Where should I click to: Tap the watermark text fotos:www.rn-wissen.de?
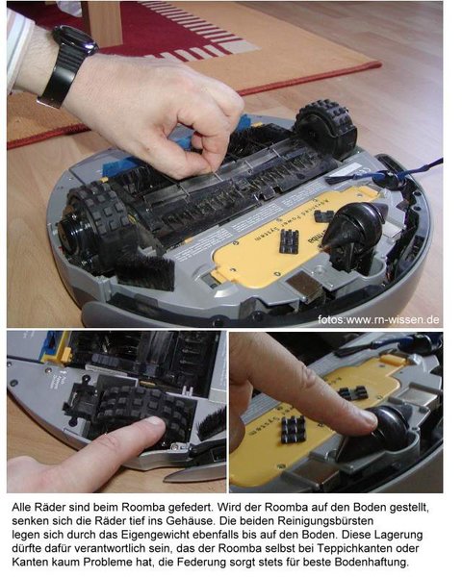tap(378, 319)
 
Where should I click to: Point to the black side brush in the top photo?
tap(146, 270)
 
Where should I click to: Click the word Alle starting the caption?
tap(21, 507)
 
